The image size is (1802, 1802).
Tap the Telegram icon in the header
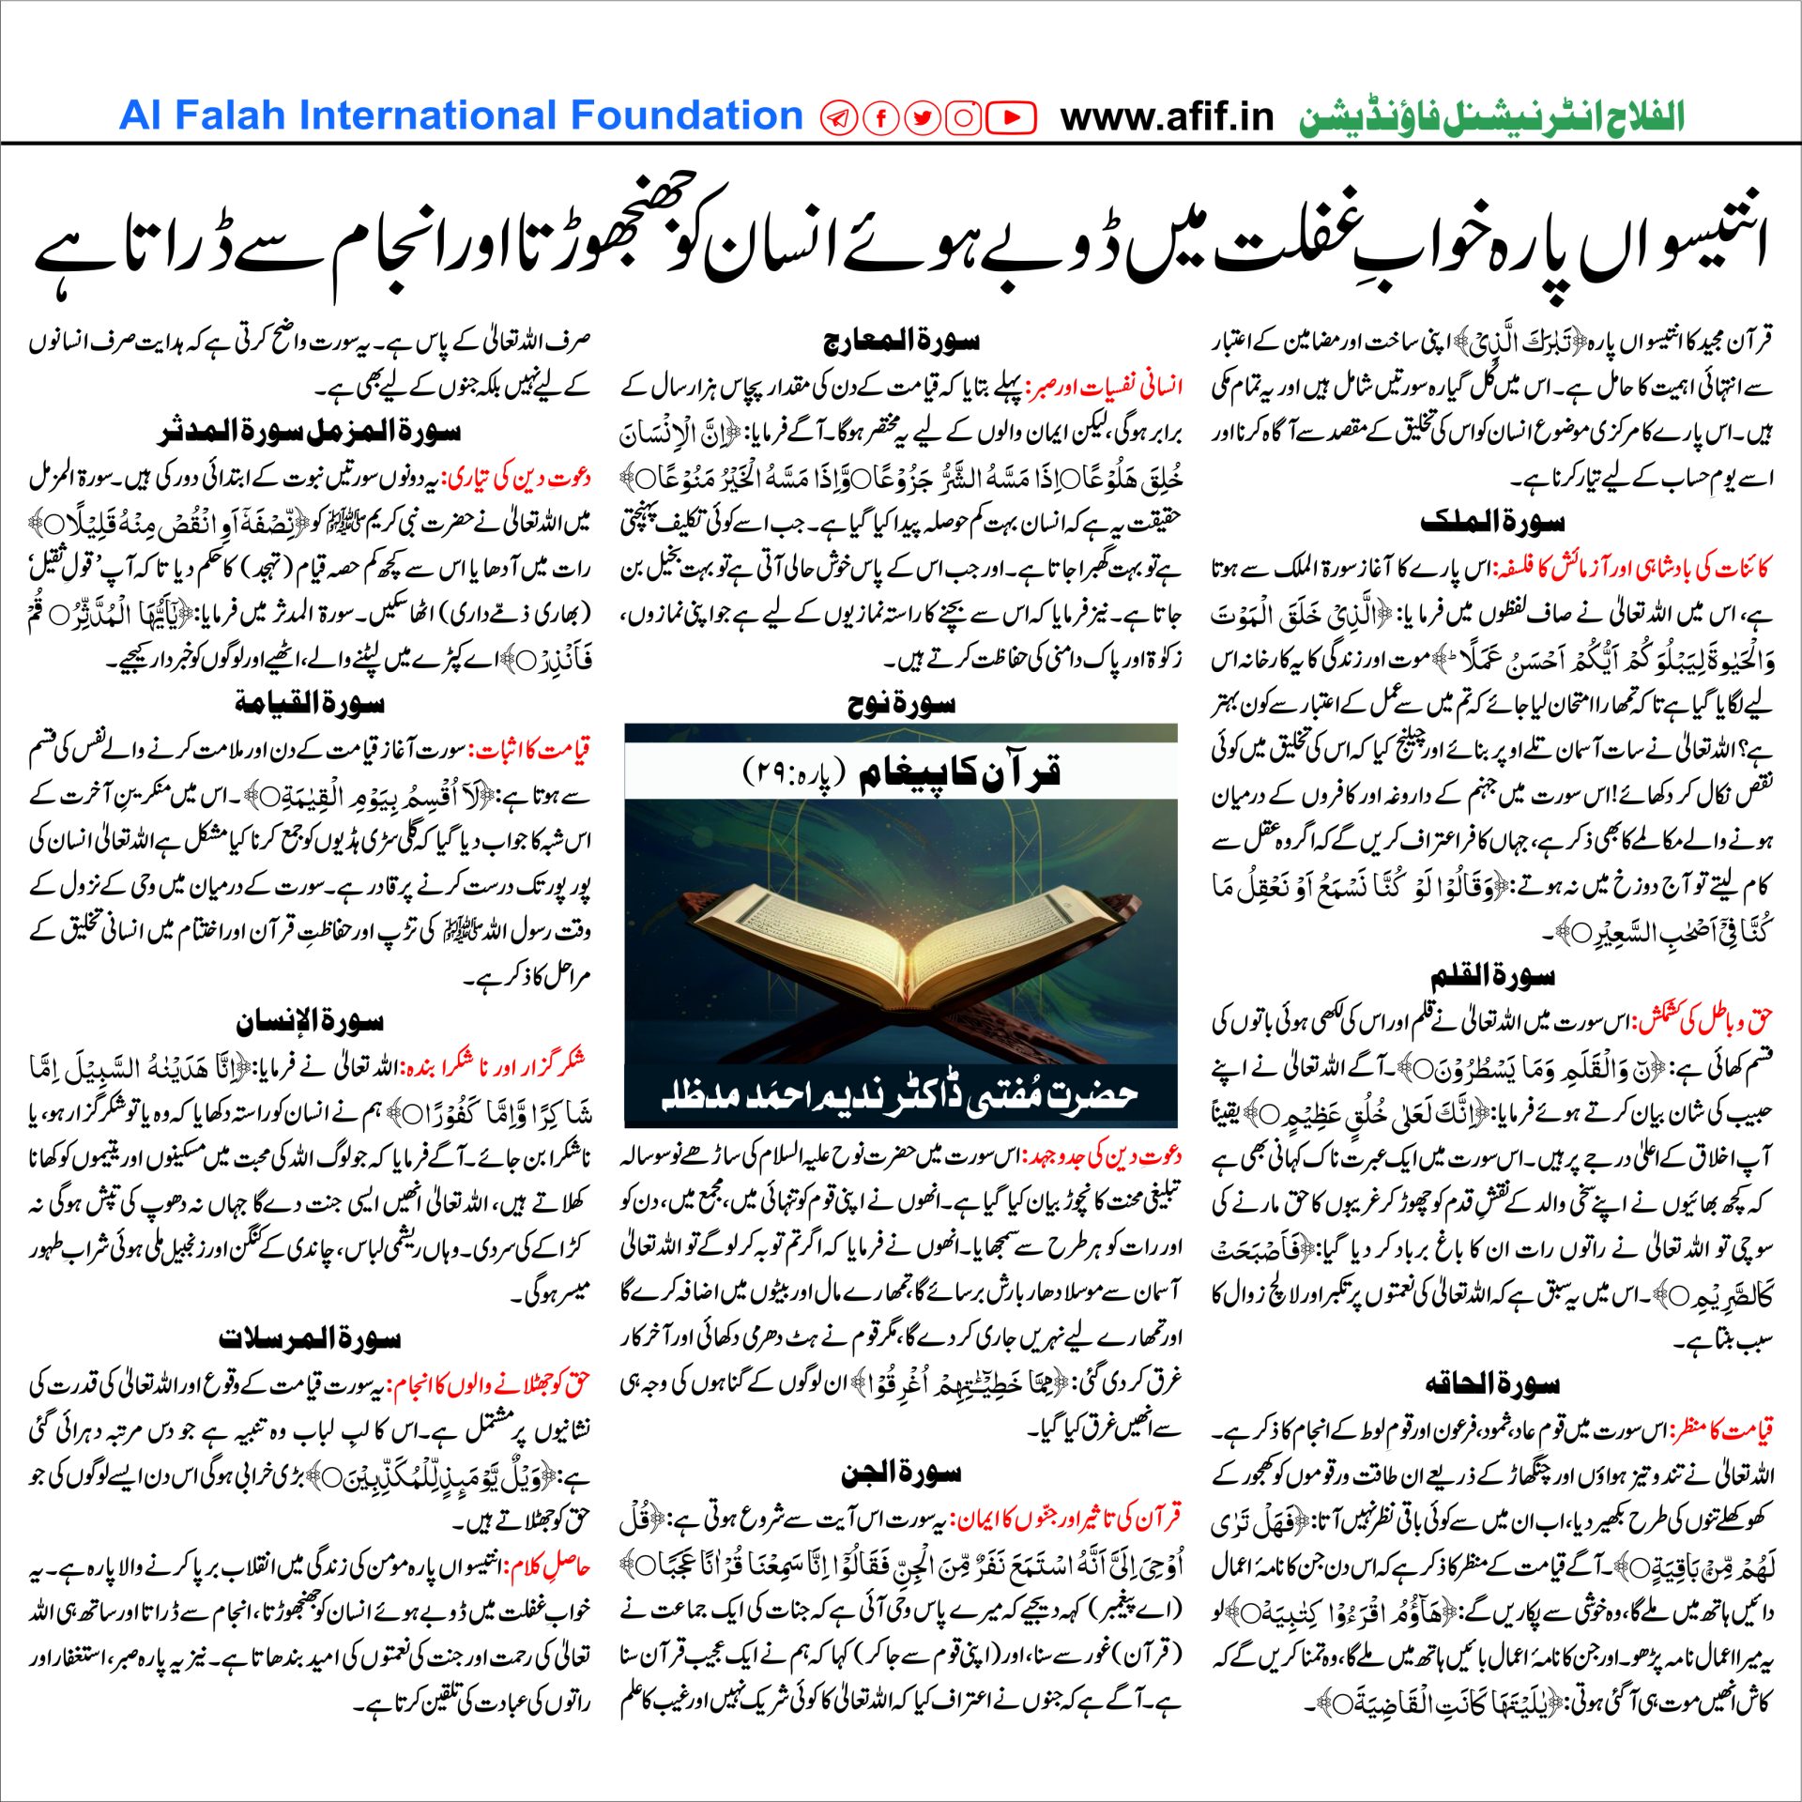838,117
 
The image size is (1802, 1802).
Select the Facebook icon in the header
881,117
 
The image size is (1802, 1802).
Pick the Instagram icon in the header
964,117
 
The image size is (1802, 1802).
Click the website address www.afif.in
1167,117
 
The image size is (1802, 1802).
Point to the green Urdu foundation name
1491,117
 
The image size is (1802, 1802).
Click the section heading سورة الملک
1492,522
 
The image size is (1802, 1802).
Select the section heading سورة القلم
1492,977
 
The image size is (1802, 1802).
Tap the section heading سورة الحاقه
1492,1383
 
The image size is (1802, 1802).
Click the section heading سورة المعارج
901,341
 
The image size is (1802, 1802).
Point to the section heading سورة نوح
901,704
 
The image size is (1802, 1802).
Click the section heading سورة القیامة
310,703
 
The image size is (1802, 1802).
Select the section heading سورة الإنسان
310,1021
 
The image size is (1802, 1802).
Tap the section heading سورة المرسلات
310,1338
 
